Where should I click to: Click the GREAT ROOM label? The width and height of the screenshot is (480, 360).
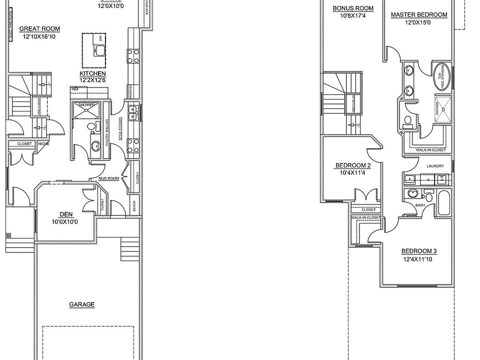click(x=39, y=29)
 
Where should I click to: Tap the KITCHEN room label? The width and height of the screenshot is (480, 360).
click(x=92, y=73)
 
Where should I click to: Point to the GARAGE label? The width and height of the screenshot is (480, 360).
click(x=82, y=304)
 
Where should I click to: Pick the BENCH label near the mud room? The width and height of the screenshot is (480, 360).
click(x=134, y=205)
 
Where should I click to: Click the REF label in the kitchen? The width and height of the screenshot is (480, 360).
click(x=75, y=89)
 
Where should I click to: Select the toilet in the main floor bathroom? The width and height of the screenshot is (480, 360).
click(x=92, y=127)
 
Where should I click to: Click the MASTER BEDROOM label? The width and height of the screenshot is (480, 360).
click(x=418, y=14)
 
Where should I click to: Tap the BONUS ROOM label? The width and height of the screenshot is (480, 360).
click(x=353, y=8)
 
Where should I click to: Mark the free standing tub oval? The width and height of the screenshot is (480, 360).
click(x=441, y=76)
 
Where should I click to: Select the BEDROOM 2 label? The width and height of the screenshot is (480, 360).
click(x=353, y=165)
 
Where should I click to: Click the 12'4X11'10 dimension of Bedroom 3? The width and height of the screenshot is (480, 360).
click(x=418, y=259)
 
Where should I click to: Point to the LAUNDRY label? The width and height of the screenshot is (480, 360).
click(x=435, y=166)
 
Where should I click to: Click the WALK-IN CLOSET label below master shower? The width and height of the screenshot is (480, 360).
click(x=427, y=149)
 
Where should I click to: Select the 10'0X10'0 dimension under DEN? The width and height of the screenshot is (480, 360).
click(x=64, y=221)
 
